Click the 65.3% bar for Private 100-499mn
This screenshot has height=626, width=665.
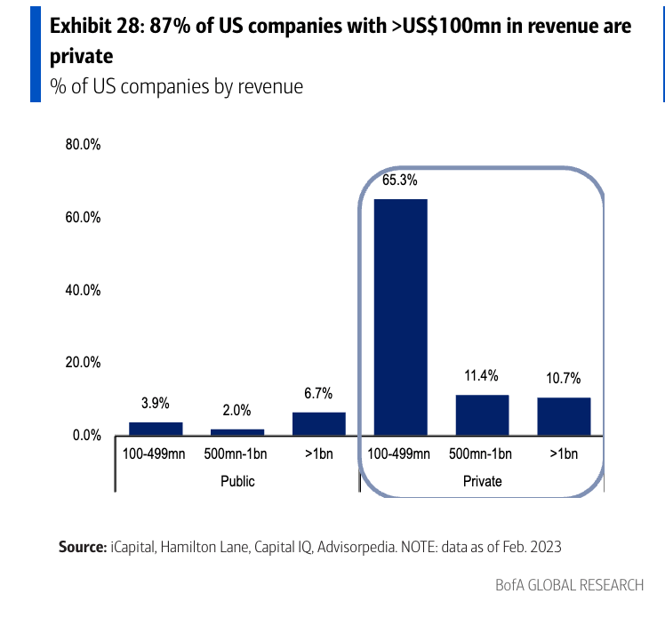[400, 317]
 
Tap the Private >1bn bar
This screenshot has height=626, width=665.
[564, 416]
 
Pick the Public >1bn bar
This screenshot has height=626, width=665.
[318, 423]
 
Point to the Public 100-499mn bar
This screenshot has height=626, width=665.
[156, 429]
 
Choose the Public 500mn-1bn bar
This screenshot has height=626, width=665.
[237, 432]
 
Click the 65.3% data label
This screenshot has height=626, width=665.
[400, 180]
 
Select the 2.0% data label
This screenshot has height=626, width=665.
[237, 410]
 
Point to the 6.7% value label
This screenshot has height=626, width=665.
[318, 393]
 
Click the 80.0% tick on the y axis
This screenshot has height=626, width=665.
[83, 145]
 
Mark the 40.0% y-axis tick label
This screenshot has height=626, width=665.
[83, 291]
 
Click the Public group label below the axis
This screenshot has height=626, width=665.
[237, 481]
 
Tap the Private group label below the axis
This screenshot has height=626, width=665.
[482, 481]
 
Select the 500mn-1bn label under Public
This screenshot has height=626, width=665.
[237, 454]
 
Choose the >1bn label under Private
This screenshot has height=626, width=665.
[564, 454]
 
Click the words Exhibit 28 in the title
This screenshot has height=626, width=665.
[95, 26]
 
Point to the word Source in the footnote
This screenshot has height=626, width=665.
[82, 546]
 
